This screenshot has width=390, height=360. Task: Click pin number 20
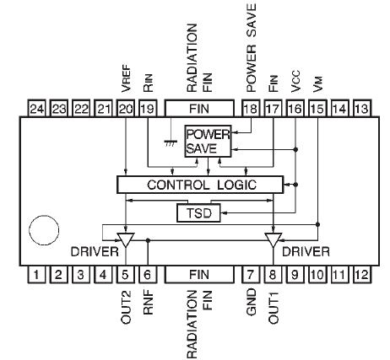(x=126, y=108)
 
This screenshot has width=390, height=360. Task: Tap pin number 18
(x=251, y=108)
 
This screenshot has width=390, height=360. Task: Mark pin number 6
(x=148, y=273)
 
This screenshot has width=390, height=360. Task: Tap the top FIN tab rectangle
(x=199, y=108)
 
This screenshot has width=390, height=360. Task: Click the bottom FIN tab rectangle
(x=199, y=273)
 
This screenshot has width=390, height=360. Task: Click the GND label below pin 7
(x=252, y=300)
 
